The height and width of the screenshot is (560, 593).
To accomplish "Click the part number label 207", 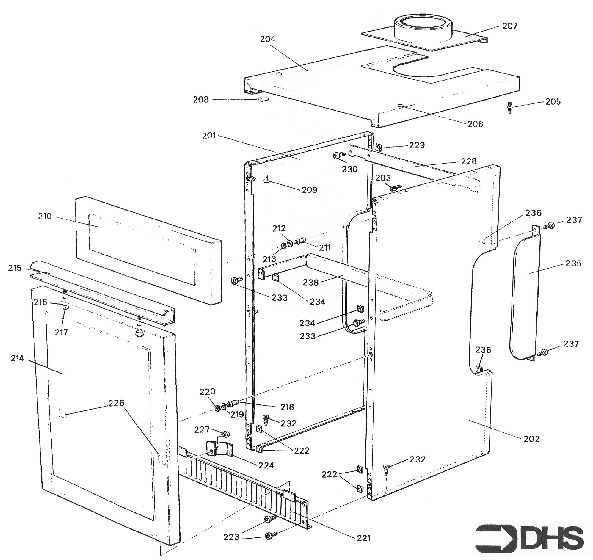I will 510,26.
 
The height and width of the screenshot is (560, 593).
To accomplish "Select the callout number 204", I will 268,39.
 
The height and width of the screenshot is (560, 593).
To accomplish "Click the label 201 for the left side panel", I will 209,136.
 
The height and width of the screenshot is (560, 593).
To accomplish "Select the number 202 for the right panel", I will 531,439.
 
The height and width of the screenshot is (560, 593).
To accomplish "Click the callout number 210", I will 45,216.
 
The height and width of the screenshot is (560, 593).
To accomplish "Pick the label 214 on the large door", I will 17,358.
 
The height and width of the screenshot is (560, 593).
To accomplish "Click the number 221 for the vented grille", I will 363,538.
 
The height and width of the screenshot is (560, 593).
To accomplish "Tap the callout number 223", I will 231,537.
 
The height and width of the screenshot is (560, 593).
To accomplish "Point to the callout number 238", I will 311,282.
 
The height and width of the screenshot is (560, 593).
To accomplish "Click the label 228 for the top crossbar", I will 469,161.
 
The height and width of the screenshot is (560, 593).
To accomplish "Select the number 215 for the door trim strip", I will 15,268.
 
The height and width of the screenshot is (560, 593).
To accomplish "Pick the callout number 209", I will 309,190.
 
